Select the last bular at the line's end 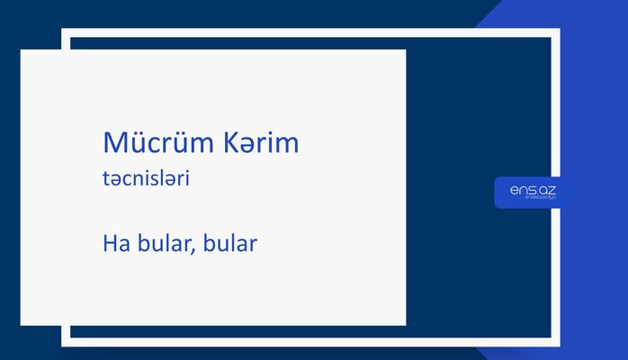(229, 243)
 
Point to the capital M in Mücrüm (115, 143)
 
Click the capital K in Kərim (229, 143)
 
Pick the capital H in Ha (110, 243)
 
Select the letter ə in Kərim (248, 146)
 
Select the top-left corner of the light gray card (22, 50)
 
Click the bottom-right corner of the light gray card (405, 324)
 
